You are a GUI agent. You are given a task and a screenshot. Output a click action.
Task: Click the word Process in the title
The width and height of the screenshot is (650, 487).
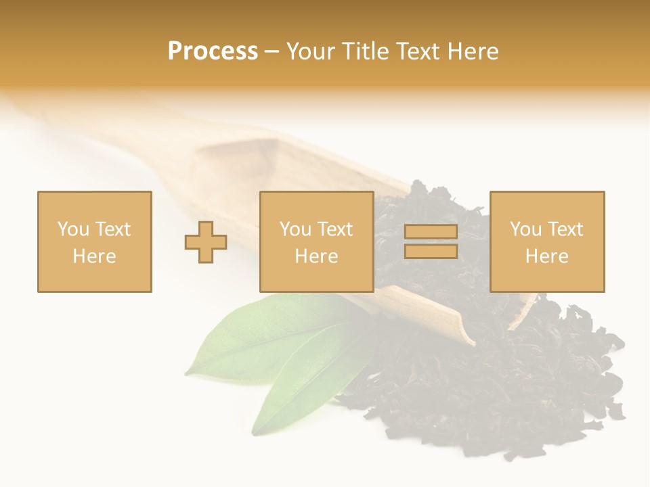tap(213, 51)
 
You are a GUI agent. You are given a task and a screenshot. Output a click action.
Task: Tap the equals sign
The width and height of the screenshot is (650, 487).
tap(431, 241)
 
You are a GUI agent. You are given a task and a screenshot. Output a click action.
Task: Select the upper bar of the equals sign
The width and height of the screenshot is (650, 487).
tap(431, 232)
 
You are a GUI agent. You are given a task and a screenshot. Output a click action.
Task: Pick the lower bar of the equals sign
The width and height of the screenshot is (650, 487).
tap(431, 252)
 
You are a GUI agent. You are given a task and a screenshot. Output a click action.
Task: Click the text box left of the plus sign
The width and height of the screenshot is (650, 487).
tap(95, 241)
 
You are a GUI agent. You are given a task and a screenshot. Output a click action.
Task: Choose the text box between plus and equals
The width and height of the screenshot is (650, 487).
tap(317, 241)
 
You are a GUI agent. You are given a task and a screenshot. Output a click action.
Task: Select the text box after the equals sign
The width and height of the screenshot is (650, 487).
tap(547, 241)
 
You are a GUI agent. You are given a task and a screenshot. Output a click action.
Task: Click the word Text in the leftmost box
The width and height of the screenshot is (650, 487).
tap(112, 229)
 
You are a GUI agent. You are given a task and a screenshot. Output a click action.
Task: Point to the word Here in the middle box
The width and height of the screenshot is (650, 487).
tap(317, 256)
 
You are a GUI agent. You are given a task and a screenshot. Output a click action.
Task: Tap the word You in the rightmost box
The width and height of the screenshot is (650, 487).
tap(525, 229)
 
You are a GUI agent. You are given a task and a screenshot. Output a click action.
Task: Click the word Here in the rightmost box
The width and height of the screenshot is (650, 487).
tap(547, 256)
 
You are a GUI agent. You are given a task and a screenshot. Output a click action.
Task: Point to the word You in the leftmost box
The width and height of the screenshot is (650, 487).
tap(73, 229)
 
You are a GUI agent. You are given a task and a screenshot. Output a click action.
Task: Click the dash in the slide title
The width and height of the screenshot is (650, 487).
tap(272, 51)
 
